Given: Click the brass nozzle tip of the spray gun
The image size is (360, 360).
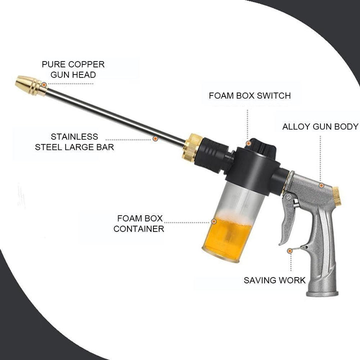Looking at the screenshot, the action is pyautogui.click(x=31, y=85).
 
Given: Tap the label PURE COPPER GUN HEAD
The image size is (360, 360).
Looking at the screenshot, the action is pyautogui.click(x=73, y=69).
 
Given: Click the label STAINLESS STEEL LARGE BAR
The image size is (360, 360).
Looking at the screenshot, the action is pyautogui.click(x=74, y=142).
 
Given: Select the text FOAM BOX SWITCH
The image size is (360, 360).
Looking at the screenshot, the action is pyautogui.click(x=250, y=95).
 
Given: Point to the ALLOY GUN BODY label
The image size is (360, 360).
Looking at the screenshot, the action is pyautogui.click(x=320, y=126).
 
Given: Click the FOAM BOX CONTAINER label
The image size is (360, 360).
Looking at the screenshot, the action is pyautogui.click(x=138, y=223).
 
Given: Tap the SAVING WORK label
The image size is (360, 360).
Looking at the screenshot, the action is pyautogui.click(x=274, y=280).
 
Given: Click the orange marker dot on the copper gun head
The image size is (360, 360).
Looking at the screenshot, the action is pyautogui.click(x=44, y=85).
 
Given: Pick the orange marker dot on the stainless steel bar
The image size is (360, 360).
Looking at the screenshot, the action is pyautogui.click(x=155, y=138).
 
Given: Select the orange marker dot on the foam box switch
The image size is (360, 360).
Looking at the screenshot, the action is pyautogui.click(x=248, y=143).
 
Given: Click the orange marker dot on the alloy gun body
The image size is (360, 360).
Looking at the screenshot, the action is pyautogui.click(x=321, y=185).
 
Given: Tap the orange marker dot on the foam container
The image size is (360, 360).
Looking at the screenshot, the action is pyautogui.click(x=214, y=221).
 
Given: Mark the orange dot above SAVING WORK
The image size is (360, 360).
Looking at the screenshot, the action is pyautogui.click(x=290, y=251).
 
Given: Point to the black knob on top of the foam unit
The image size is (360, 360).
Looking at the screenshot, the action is pyautogui.click(x=261, y=146).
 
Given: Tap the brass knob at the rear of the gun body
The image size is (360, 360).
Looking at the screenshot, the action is pyautogui.click(x=337, y=196).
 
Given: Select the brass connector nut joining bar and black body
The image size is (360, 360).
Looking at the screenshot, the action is pyautogui.click(x=192, y=147).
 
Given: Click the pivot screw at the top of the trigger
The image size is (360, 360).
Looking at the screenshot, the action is pyautogui.click(x=288, y=197).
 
